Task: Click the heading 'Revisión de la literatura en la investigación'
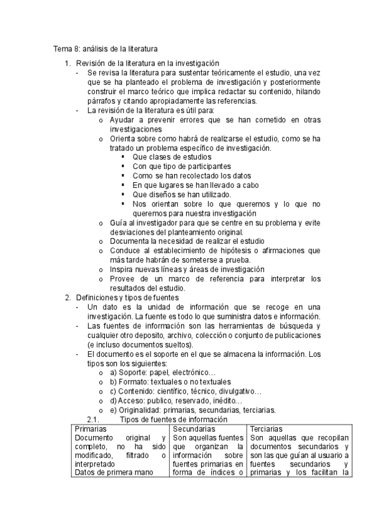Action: [147, 63]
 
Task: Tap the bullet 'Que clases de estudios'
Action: [172, 157]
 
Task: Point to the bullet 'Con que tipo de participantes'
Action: [182, 167]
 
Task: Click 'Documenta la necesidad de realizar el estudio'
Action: [195, 241]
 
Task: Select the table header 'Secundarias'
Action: [194, 429]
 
